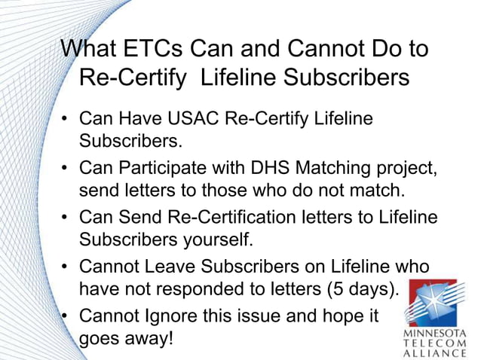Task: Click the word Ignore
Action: (x=170, y=315)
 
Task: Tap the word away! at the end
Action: (x=147, y=337)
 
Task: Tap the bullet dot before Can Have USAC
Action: (x=66, y=119)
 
